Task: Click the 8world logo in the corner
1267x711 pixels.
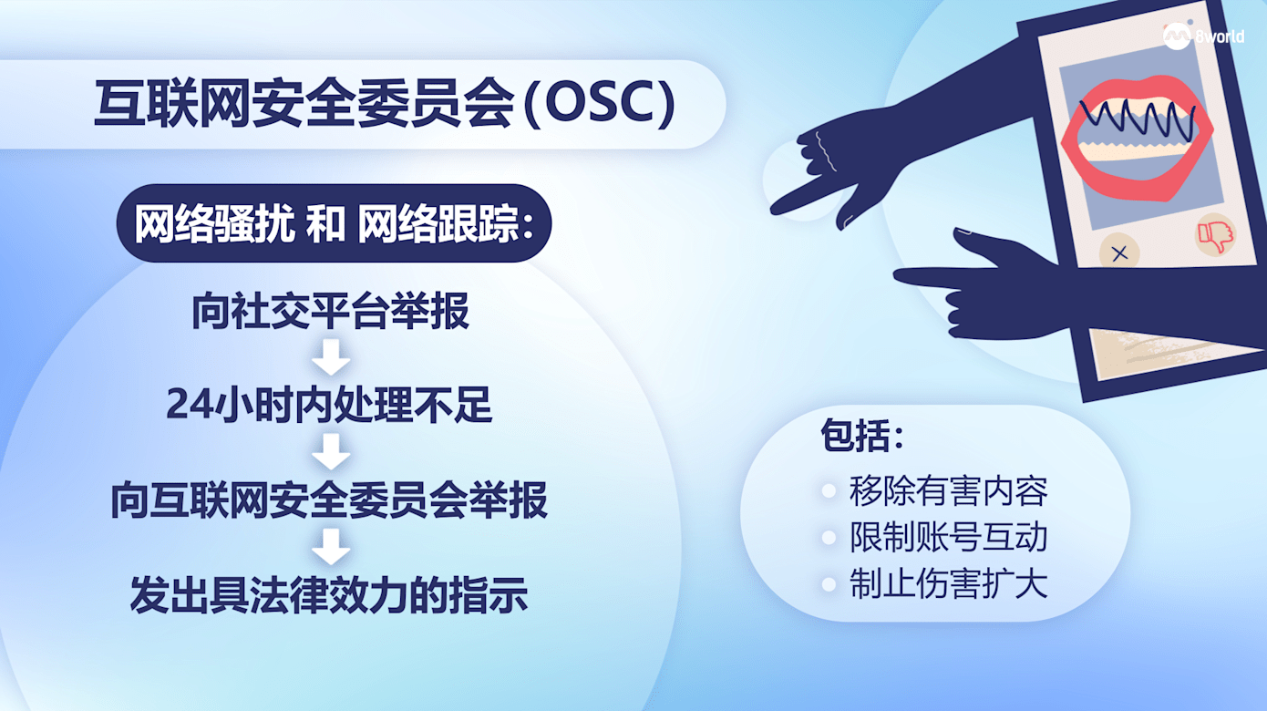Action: point(1203,36)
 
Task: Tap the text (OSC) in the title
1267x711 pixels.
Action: point(600,104)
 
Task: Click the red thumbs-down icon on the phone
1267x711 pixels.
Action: point(1216,235)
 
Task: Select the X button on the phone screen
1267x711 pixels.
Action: point(1119,253)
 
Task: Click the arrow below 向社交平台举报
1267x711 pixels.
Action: point(330,357)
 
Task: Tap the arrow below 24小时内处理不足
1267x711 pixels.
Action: point(330,451)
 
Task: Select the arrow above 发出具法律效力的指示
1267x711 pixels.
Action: point(330,546)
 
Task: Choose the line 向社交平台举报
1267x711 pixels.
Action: point(330,311)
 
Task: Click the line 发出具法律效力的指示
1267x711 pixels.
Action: point(329,595)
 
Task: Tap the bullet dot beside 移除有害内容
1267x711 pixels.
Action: point(829,490)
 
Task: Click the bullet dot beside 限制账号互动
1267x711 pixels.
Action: point(829,537)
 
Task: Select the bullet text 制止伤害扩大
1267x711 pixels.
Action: point(949,583)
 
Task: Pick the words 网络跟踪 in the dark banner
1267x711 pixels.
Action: point(438,223)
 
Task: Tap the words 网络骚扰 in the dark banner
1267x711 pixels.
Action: point(214,223)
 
